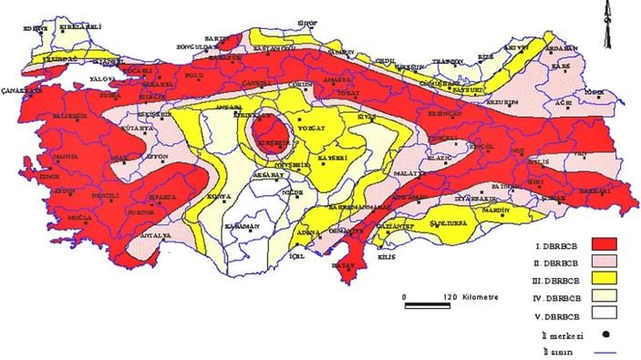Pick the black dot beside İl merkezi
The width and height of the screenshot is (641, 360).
coord(605,334)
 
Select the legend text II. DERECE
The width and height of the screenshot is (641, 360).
coord(552,261)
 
